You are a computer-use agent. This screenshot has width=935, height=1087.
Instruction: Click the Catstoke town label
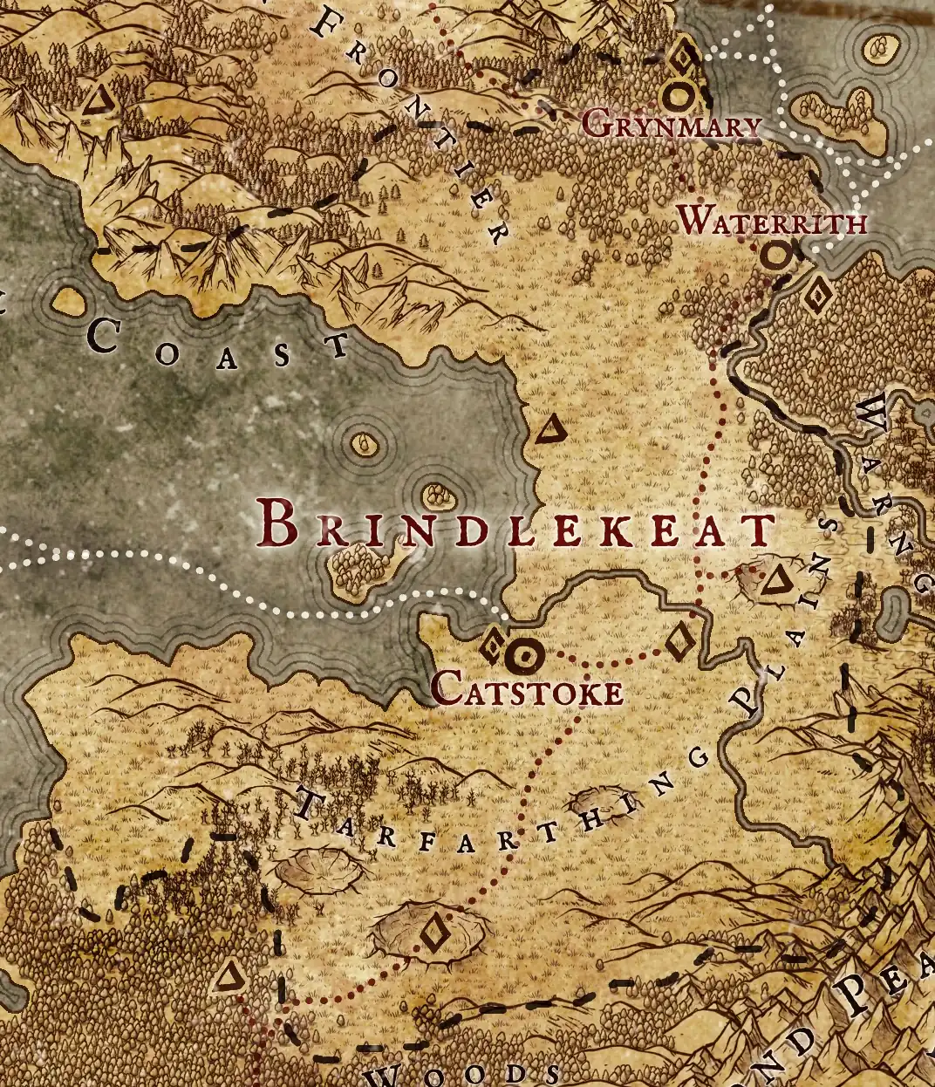pyautogui.click(x=528, y=690)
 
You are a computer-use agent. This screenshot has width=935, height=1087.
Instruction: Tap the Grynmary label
pyautogui.click(x=671, y=126)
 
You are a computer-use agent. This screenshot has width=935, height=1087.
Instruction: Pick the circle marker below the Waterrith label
pyautogui.click(x=775, y=256)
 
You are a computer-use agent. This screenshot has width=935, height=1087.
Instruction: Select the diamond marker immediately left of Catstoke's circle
pyautogui.click(x=491, y=646)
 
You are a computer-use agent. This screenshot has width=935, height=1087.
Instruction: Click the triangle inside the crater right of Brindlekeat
pyautogui.click(x=774, y=580)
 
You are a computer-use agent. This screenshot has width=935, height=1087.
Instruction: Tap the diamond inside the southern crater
pyautogui.click(x=432, y=932)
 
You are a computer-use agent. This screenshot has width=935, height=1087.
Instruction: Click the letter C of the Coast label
pyautogui.click(x=104, y=337)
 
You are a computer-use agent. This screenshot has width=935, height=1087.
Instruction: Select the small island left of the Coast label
pyautogui.click(x=68, y=302)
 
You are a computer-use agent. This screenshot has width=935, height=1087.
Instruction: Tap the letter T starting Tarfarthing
pyautogui.click(x=308, y=802)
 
